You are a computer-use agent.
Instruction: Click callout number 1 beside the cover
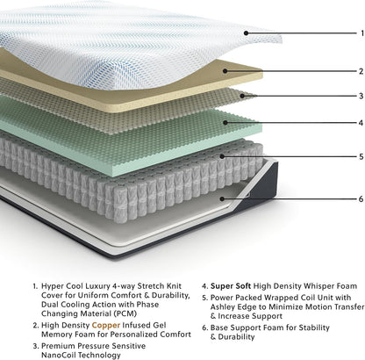tap(362, 33)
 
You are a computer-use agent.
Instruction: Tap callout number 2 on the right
tap(361, 71)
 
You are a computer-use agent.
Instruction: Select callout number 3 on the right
tap(361, 96)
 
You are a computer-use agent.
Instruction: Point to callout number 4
tap(361, 123)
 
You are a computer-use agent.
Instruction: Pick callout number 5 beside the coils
tap(361, 156)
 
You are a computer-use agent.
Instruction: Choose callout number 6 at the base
tap(361, 199)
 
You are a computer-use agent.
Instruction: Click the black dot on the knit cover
tap(246, 33)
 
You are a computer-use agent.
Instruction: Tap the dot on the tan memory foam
tap(225, 71)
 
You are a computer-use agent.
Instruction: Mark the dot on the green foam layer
tap(225, 122)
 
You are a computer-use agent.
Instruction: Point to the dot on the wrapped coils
tap(222, 156)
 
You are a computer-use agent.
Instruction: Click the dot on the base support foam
tap(222, 199)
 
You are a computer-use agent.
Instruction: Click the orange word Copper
tap(106, 326)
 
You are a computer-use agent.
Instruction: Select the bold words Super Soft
tap(231, 286)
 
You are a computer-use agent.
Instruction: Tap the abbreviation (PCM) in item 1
tap(125, 313)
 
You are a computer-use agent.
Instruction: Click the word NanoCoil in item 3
tap(58, 356)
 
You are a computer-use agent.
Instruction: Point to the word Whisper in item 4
tap(318, 286)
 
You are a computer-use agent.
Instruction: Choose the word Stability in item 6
tap(314, 328)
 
